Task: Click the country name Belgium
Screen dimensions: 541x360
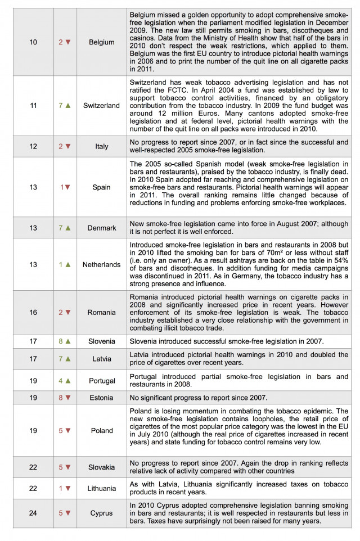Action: tap(101, 42)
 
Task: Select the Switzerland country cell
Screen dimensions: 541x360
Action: tap(101, 105)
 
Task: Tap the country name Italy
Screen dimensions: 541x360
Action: tap(101, 146)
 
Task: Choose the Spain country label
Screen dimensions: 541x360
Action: tap(101, 187)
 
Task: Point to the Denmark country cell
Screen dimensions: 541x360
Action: tap(101, 228)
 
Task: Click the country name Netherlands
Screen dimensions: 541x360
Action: tap(101, 264)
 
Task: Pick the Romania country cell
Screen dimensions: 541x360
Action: tap(101, 312)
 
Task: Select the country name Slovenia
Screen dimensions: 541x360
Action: tap(101, 341)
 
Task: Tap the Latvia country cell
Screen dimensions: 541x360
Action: tap(101, 359)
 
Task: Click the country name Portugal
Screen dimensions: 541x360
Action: tap(101, 381)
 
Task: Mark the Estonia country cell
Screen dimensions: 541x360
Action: tap(101, 398)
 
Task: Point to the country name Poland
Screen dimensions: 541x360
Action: tap(101, 431)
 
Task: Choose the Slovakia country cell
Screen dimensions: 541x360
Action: tap(101, 467)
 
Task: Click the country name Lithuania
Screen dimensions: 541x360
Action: tap(101, 489)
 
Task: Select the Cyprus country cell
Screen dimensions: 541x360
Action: tap(101, 513)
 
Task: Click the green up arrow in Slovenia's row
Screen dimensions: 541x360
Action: tap(68, 341)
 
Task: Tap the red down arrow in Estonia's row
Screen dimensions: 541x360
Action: tap(68, 398)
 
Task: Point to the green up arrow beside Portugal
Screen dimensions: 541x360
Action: tap(68, 381)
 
